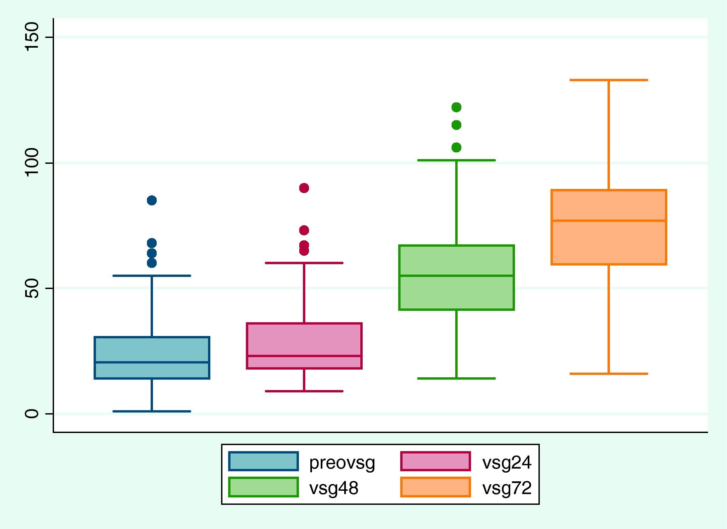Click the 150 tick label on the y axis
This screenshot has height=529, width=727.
[33, 37]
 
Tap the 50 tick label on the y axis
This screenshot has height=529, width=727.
[33, 288]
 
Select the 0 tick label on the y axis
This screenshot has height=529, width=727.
[33, 414]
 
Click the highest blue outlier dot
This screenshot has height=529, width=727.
[152, 200]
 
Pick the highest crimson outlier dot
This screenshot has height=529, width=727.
[304, 188]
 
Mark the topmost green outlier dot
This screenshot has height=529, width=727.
[456, 107]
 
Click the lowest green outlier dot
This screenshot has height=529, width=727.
[456, 147]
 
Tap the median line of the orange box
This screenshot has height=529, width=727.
[609, 221]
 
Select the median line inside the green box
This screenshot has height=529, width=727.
[456, 276]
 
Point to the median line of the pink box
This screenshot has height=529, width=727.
[304, 356]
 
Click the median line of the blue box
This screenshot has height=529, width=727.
[152, 362]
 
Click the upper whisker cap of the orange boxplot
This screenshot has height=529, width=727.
[609, 80]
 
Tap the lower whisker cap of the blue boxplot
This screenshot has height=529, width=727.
[152, 411]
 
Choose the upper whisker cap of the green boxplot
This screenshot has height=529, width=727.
[456, 160]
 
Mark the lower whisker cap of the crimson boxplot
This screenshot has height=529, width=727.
[304, 391]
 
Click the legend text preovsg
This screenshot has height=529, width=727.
[342, 463]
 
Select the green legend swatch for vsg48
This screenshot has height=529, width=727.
[263, 487]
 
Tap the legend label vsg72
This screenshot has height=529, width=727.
[507, 488]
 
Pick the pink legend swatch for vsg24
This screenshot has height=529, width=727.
[435, 462]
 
